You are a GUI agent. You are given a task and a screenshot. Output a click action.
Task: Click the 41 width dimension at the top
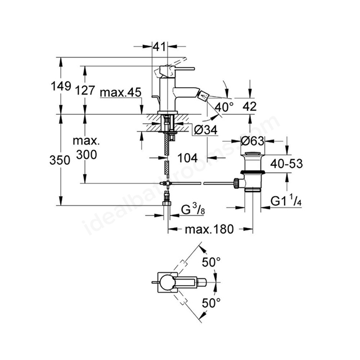pos(159,47)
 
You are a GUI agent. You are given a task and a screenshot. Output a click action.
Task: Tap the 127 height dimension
pos(85,90)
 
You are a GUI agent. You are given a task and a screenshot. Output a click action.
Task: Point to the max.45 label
pos(121,93)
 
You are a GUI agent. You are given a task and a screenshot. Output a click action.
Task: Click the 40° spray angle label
pos(224,107)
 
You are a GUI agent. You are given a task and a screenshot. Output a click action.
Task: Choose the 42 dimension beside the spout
pos(249,106)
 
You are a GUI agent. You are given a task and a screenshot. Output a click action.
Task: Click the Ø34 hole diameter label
pos(205,130)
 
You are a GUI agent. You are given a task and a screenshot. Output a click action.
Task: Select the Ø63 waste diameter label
pos(253,141)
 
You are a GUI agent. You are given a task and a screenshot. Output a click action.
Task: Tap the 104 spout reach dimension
pos(187,157)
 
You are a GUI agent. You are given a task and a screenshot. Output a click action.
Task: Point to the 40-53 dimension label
pos(286,164)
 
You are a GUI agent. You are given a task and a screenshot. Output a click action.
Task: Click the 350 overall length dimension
pos(60,160)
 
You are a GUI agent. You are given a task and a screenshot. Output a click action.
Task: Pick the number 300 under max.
pos(87,155)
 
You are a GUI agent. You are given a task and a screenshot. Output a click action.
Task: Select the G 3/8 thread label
pos(193,210)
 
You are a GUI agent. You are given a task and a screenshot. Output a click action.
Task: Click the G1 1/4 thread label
pos(286,201)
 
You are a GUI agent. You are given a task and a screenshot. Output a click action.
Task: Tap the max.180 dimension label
pos(209,229)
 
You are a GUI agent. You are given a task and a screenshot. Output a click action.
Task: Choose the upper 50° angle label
pos(211,262)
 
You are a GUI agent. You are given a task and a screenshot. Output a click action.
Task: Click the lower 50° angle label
pos(211,303)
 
